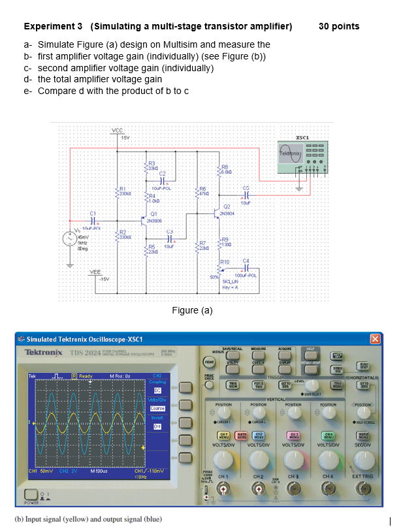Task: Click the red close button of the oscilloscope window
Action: point(375,338)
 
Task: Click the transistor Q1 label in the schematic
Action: point(153,214)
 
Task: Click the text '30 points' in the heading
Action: point(338,26)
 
